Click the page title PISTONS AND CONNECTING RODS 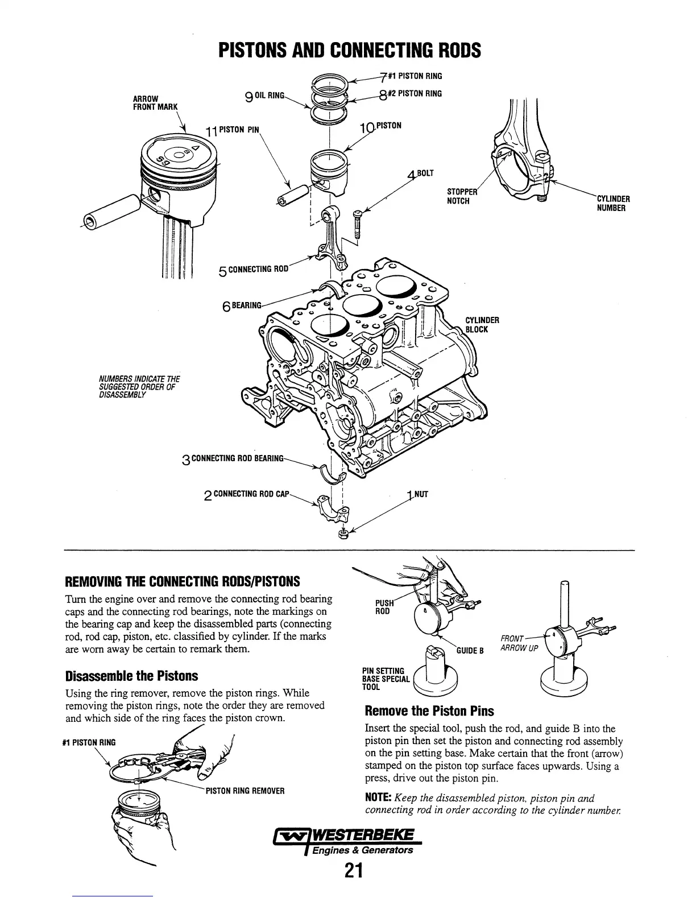[x=350, y=51]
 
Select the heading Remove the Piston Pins [x=429, y=711]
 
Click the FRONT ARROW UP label [x=519, y=643]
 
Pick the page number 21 [x=353, y=871]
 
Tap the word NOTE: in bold [x=378, y=798]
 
